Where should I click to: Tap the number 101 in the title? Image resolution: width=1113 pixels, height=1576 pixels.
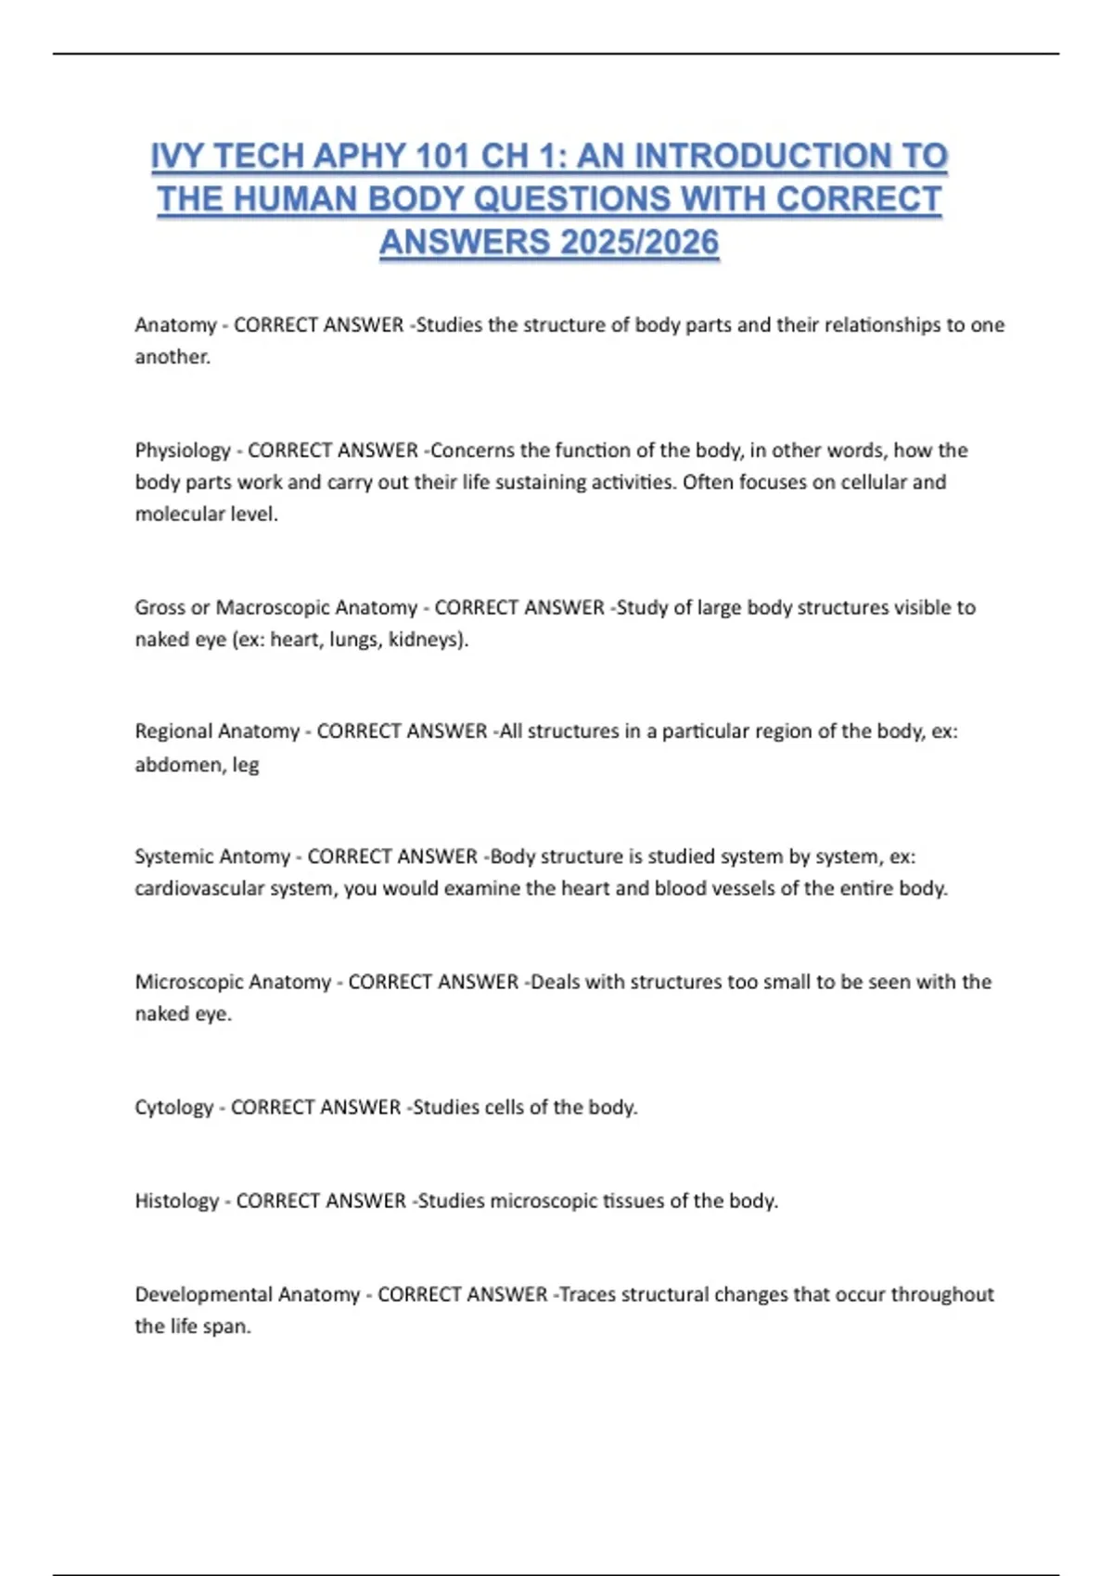tap(443, 157)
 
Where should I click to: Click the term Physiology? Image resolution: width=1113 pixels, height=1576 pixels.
tap(183, 451)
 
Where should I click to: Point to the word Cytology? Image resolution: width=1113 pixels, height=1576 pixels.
tap(174, 1108)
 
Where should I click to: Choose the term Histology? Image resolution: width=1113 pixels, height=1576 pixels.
tap(177, 1201)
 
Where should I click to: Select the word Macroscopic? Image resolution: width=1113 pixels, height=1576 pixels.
tap(271, 608)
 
